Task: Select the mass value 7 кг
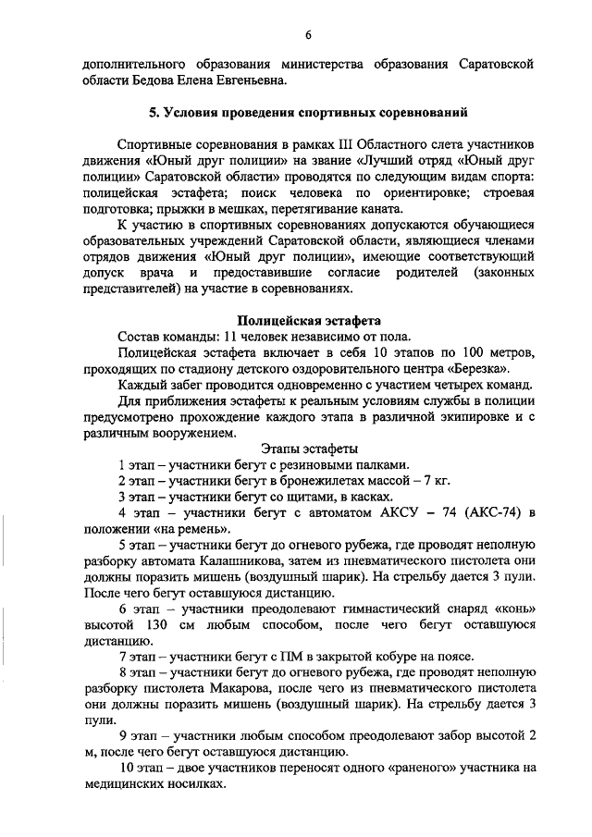[x=435, y=481]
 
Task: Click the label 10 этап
[x=140, y=769]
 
